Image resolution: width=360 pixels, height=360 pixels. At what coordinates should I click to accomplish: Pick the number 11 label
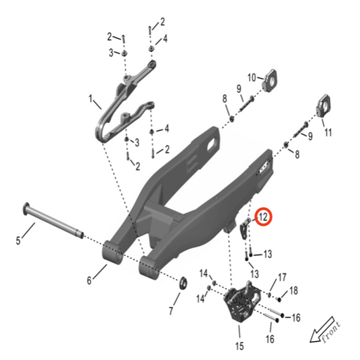[328, 131]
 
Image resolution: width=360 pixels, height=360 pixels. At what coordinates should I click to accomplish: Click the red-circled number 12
[263, 217]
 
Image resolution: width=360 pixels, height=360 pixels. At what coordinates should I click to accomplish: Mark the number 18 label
[294, 290]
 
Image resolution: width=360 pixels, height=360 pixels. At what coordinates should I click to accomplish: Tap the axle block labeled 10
[273, 81]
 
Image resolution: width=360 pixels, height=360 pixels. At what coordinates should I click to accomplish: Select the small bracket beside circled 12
[246, 229]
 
